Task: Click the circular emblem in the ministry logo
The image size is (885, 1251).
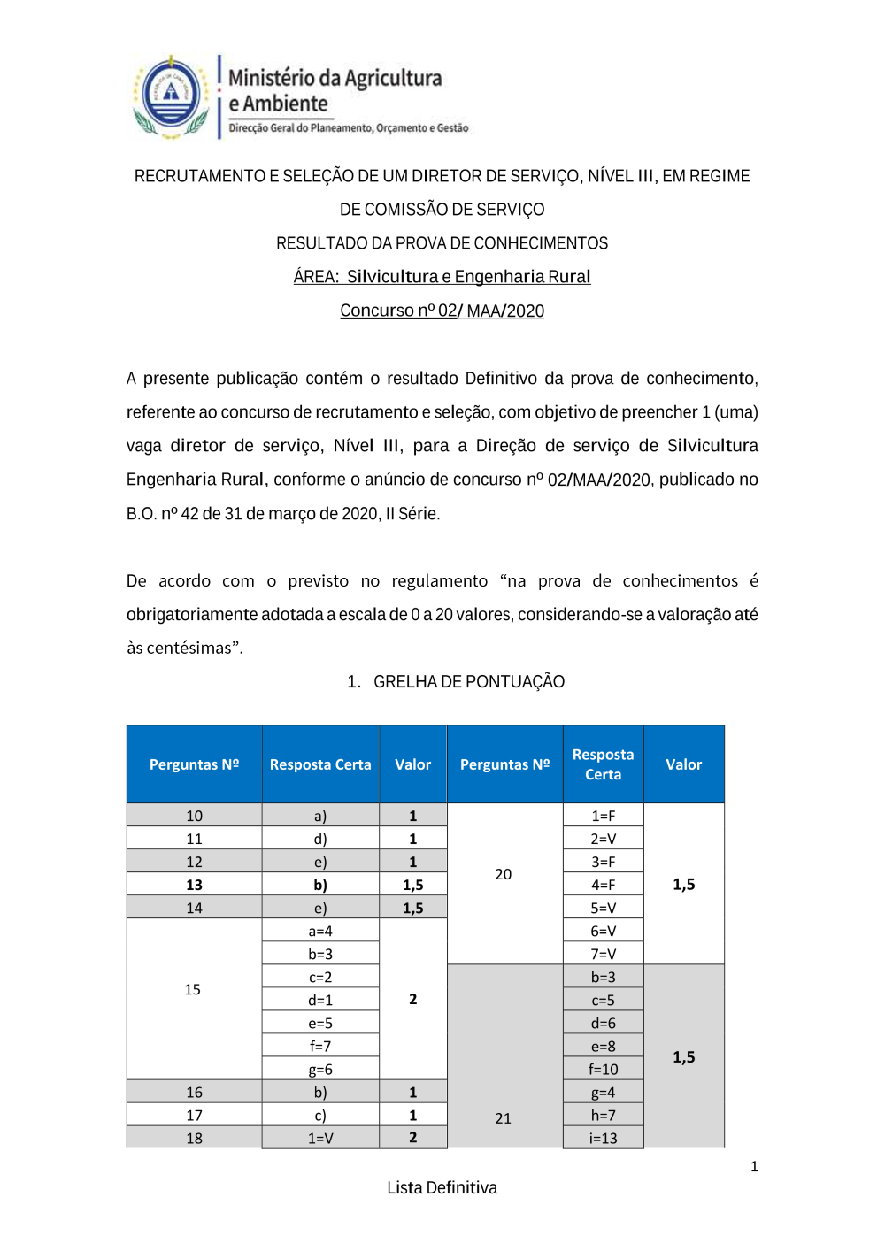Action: [x=172, y=94]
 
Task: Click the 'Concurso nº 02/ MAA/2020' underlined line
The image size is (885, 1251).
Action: [x=442, y=311]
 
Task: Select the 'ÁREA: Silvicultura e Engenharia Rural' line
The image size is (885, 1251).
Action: [x=442, y=277]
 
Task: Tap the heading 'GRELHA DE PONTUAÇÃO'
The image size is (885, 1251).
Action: [x=468, y=682]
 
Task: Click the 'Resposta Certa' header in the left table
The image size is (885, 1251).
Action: [x=320, y=764]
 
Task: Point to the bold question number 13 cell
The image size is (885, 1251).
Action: [x=194, y=885]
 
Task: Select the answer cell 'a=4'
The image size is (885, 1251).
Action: [x=320, y=931]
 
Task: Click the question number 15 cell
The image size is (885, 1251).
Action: [x=193, y=989]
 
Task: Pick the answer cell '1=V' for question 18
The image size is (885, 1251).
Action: [x=320, y=1138]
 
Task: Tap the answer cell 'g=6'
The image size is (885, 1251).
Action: [x=320, y=1069]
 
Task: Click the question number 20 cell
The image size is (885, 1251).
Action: [x=504, y=874]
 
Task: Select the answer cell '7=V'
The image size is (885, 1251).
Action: [x=604, y=954]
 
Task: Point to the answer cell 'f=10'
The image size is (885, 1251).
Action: [x=604, y=1069]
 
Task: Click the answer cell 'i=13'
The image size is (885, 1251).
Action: [x=604, y=1138]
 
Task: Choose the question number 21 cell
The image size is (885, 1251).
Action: [x=504, y=1118]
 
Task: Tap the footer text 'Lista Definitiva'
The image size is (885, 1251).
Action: [x=442, y=1188]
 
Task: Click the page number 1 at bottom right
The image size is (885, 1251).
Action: [x=754, y=1167]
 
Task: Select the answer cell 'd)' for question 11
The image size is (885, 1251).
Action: [x=320, y=839]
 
